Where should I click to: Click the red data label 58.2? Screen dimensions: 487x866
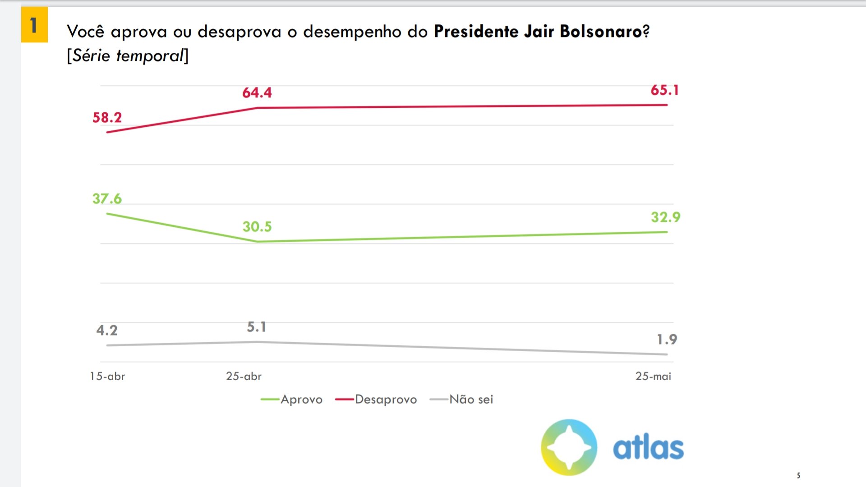107,118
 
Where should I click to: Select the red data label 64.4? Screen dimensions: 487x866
257,93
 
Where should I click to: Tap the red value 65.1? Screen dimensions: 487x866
664,90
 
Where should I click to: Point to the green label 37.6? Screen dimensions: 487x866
107,199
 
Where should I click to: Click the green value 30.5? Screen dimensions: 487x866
257,227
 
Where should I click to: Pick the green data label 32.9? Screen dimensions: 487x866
665,217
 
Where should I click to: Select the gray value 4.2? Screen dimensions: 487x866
106,331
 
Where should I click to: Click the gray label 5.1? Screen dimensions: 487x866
256,327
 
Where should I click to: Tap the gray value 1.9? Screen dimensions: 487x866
667,340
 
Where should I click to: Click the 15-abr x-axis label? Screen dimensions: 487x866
107,376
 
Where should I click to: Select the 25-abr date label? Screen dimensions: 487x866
244,376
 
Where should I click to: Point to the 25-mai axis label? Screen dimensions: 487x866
653,376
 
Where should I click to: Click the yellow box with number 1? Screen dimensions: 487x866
34,25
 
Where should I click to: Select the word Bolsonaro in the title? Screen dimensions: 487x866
601,32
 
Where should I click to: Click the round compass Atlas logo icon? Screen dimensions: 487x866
569,447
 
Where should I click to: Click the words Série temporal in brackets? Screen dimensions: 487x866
128,56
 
